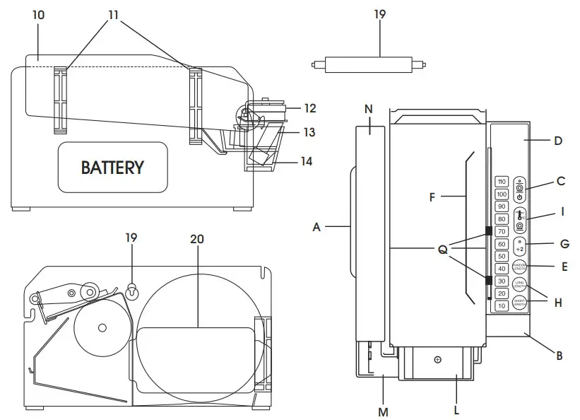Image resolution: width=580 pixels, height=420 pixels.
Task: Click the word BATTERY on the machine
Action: [112, 168]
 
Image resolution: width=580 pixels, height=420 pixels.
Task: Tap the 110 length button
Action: [502, 182]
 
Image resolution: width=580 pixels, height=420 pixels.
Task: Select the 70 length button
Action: [502, 231]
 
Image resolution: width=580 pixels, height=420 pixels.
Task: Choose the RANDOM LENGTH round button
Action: [520, 268]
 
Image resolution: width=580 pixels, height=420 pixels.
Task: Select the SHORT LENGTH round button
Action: [520, 305]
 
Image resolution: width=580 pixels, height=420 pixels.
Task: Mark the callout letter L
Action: [457, 409]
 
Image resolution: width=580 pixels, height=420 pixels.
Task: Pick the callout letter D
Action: [557, 141]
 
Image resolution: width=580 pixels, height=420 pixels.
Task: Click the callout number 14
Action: [306, 161]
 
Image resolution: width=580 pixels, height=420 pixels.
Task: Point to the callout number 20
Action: [197, 239]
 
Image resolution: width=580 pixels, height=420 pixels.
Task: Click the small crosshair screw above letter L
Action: [437, 360]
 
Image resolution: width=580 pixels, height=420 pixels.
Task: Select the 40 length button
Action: [502, 269]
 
